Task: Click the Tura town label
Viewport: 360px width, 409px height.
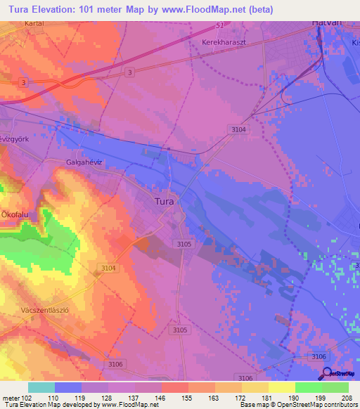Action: pyautogui.click(x=166, y=201)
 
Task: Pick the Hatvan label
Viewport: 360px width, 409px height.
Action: pyautogui.click(x=326, y=22)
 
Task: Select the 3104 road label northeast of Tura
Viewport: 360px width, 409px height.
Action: pyautogui.click(x=239, y=129)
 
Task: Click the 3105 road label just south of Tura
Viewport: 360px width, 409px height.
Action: pyautogui.click(x=184, y=244)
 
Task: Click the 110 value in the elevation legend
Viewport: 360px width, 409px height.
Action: pyautogui.click(x=53, y=397)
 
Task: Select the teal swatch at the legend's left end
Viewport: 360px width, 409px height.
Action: pyautogui.click(x=41, y=387)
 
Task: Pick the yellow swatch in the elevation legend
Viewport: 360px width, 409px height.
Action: pyautogui.click(x=281, y=387)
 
